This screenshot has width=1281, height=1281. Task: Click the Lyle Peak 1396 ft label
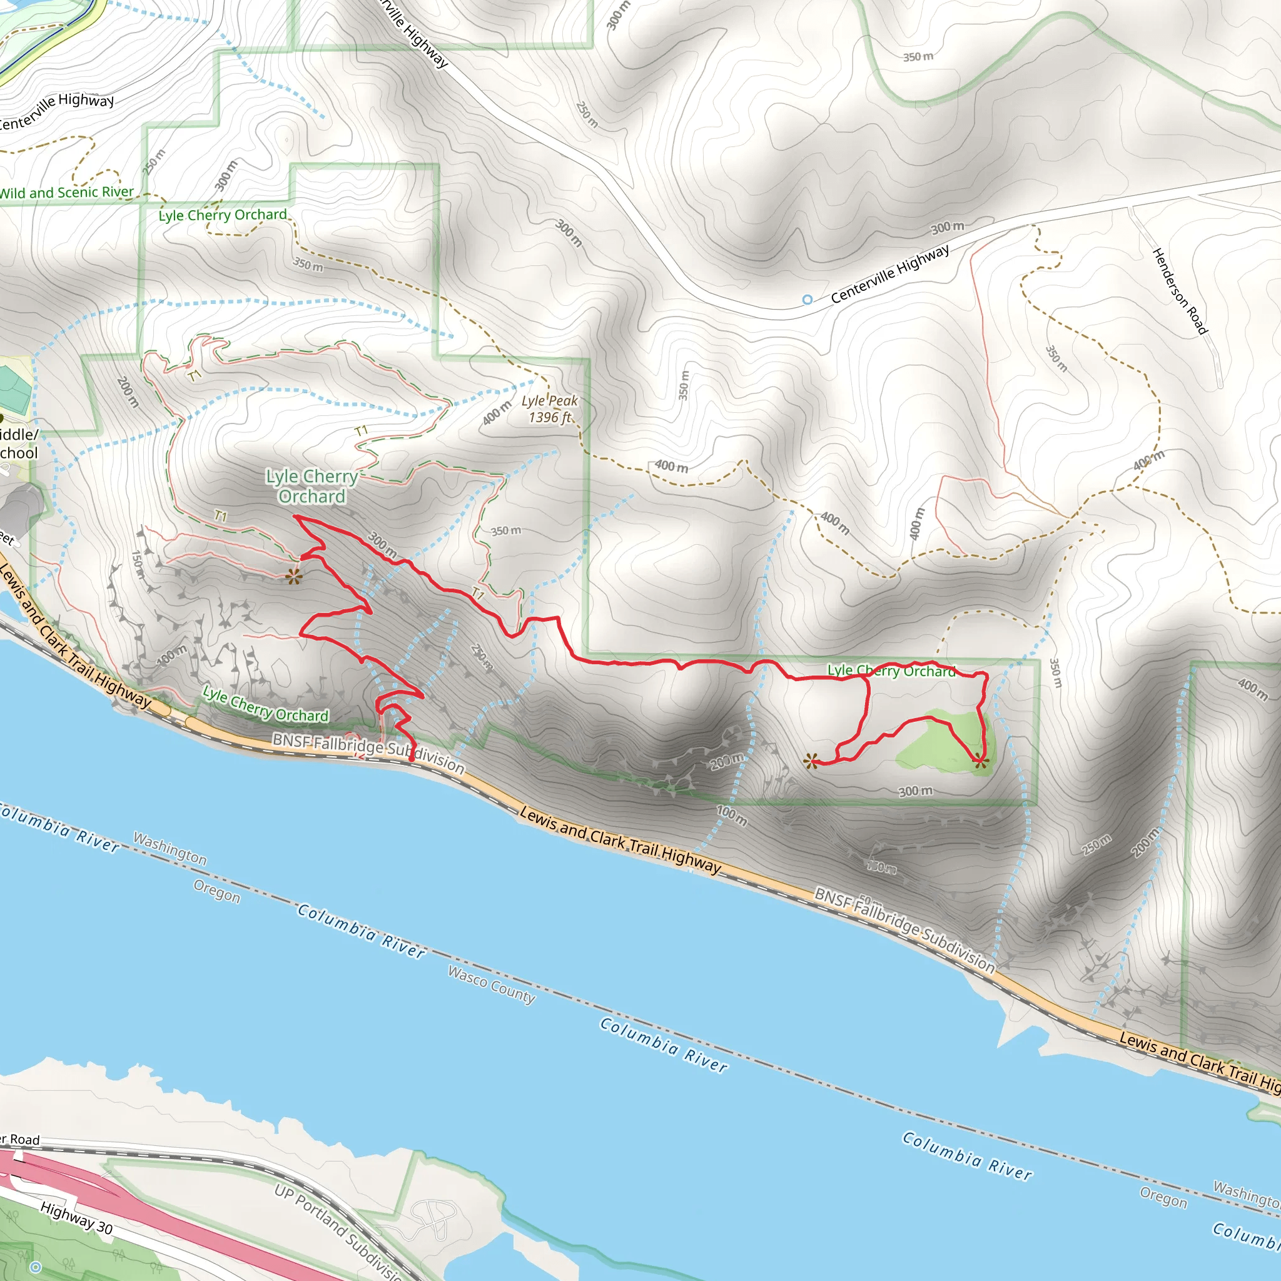[x=549, y=409]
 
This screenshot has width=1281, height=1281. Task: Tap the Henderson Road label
[x=1180, y=291]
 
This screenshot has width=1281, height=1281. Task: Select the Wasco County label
[x=491, y=985]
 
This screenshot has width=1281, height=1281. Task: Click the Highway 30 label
[x=76, y=1218]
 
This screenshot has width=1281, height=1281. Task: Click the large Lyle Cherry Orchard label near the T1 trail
[x=311, y=486]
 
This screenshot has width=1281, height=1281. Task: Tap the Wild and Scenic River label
[x=66, y=193]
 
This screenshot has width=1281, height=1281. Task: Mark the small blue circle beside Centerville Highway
[x=807, y=300]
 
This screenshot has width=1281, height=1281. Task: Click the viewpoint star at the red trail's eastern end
[x=981, y=762]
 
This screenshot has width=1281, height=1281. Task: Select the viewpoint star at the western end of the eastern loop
[x=810, y=761]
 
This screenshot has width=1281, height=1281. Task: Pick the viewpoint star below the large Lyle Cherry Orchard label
[x=294, y=576]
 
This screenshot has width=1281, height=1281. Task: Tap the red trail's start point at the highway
[x=411, y=760]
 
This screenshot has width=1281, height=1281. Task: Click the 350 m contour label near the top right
[x=918, y=57]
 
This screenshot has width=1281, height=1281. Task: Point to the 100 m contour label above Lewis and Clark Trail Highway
[x=731, y=816]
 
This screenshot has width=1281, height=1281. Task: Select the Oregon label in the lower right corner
[x=1163, y=1197]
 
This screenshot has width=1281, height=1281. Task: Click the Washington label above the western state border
[x=170, y=849]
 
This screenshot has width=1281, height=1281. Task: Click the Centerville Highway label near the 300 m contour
[x=890, y=273]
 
